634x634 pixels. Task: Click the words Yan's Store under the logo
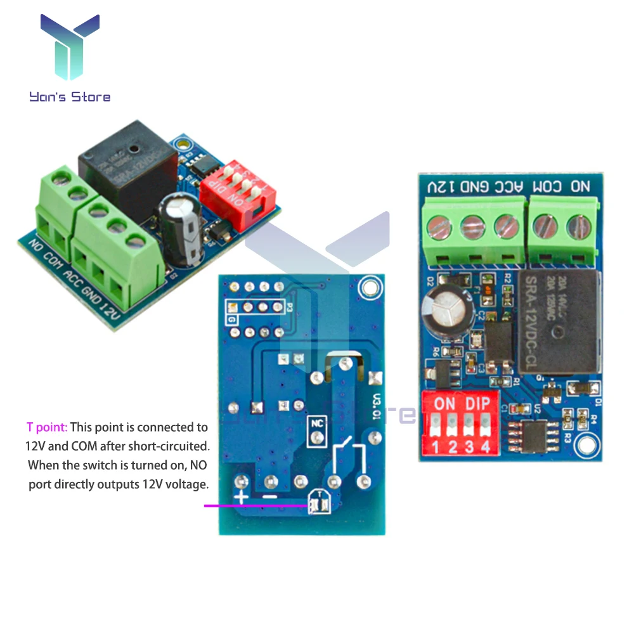click(69, 97)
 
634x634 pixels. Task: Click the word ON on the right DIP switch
click(444, 403)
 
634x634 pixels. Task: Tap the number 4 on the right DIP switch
click(485, 448)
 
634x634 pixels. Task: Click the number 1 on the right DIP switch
click(436, 448)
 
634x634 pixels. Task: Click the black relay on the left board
click(127, 171)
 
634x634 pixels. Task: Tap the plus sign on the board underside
click(241, 497)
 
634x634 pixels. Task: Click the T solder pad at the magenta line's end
click(316, 505)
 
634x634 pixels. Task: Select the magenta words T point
click(46, 427)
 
